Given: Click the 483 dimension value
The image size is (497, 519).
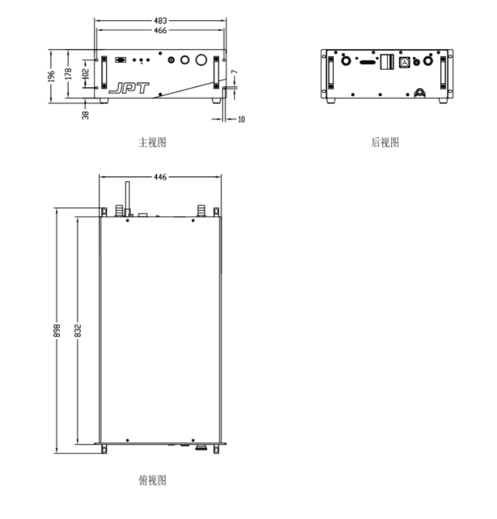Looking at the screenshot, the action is pos(160,21).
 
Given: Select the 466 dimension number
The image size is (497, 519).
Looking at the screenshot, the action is pos(160,30).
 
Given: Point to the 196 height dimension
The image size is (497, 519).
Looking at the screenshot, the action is pos(51,77).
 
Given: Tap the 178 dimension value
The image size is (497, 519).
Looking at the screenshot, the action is pos(68,74).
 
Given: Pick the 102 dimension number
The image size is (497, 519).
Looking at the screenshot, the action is pos(85,74).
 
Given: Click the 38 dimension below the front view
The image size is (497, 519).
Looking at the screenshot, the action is pos(85,115).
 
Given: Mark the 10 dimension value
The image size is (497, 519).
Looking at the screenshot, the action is pos(241,119).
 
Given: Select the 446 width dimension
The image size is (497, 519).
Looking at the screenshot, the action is pos(160,177).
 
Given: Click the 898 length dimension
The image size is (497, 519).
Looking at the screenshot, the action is pos(57,330).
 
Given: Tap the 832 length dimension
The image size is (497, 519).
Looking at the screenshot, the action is pos(77,330).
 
